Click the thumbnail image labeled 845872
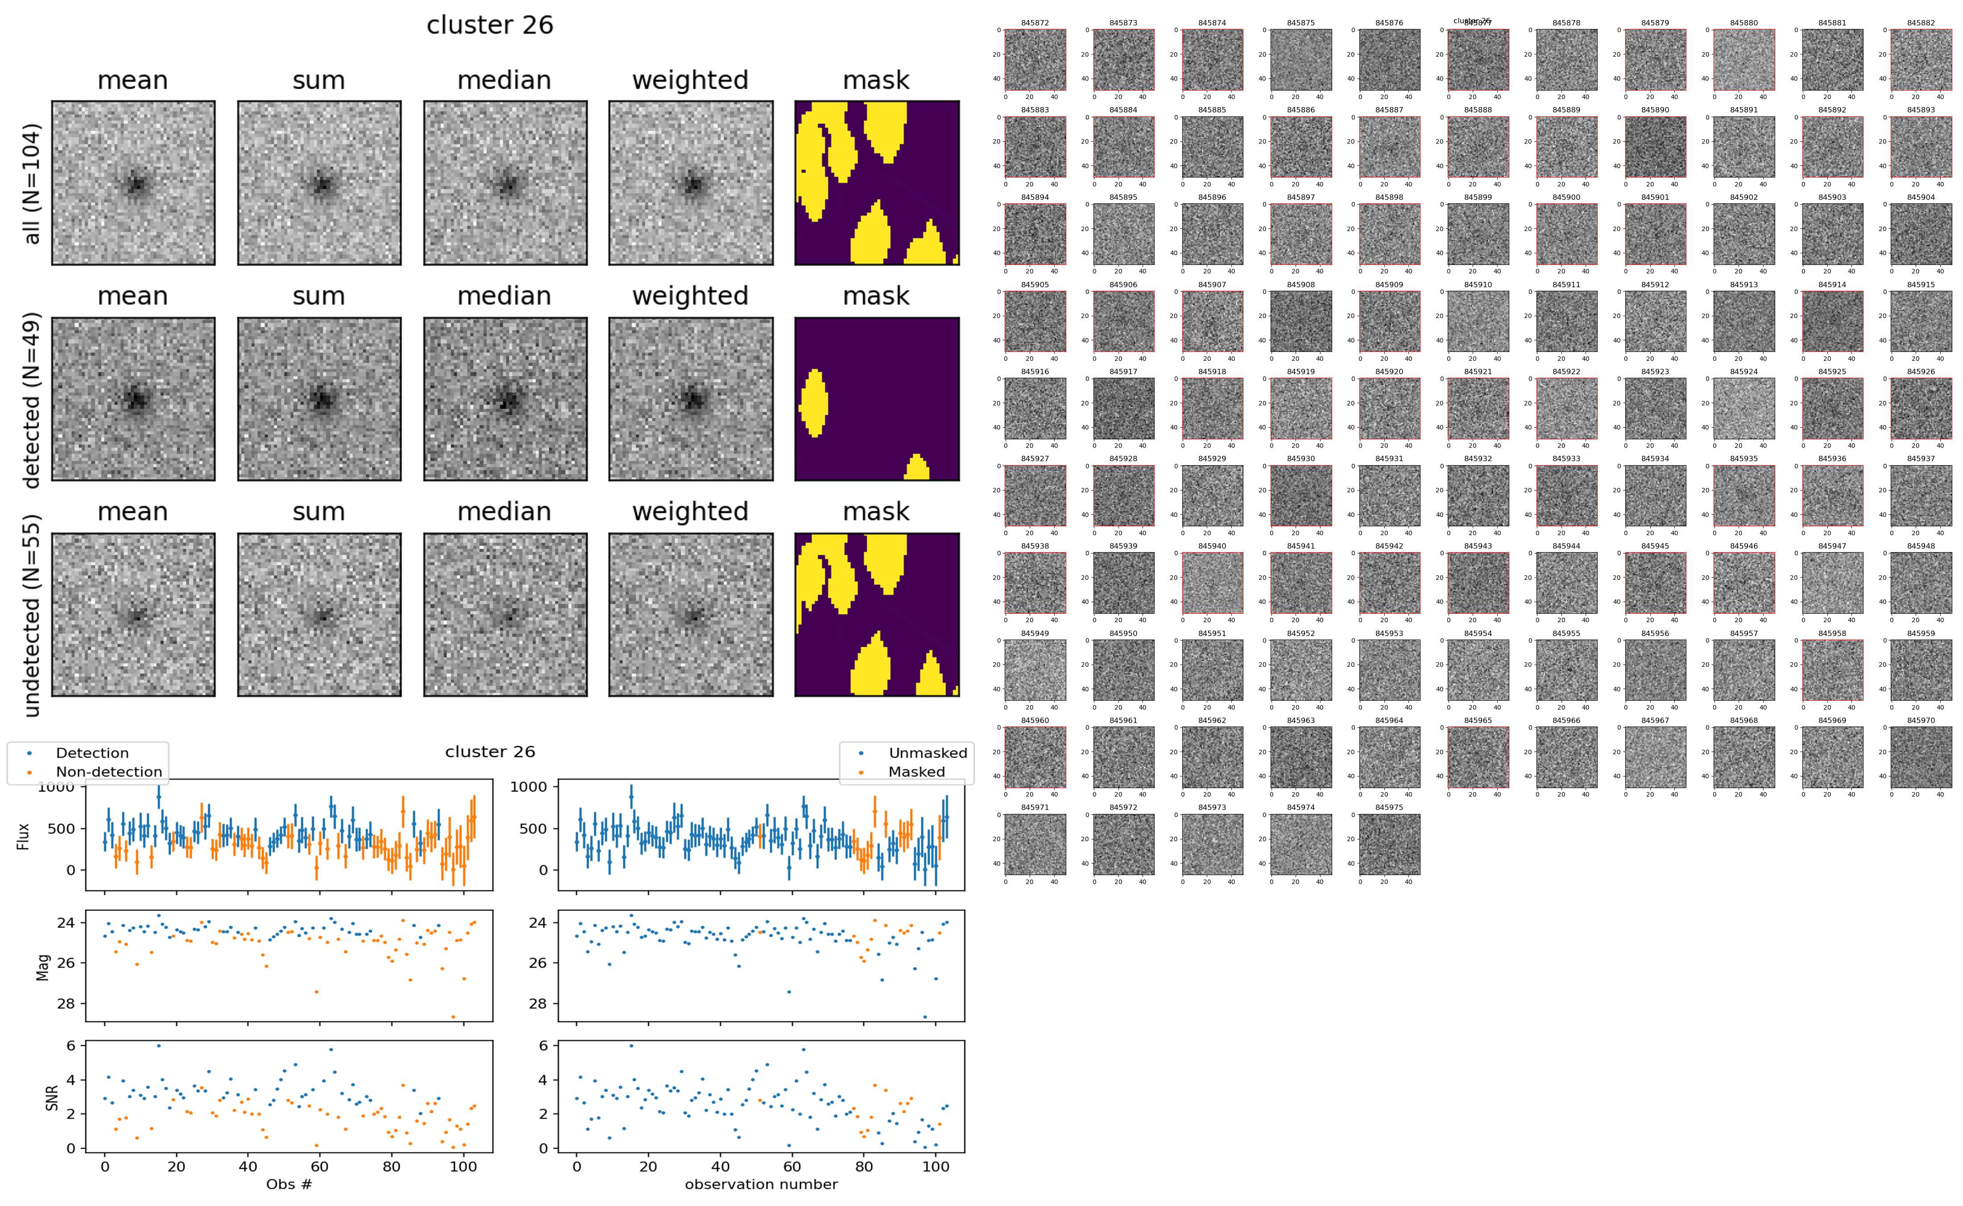(x=1035, y=60)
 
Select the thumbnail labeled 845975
(x=1389, y=844)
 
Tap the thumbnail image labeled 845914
(x=1832, y=322)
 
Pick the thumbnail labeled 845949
(x=1035, y=670)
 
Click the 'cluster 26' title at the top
(x=490, y=25)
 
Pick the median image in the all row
(x=505, y=183)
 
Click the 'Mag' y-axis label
(x=43, y=966)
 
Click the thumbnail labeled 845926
(x=1921, y=409)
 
